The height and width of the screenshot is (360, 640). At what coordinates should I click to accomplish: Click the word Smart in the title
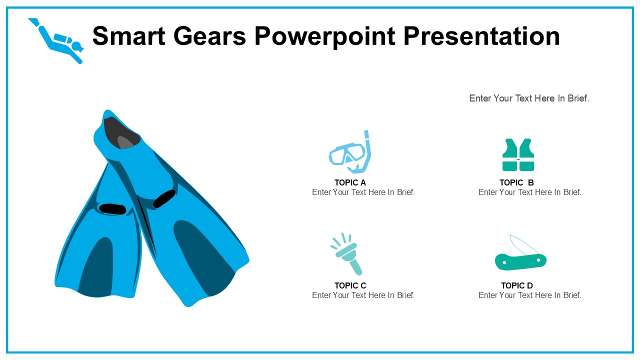click(128, 36)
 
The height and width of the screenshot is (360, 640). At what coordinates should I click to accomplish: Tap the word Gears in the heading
click(209, 36)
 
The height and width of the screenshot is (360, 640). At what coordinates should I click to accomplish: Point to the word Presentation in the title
click(481, 36)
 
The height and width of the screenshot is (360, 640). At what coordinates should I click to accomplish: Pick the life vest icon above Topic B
click(518, 155)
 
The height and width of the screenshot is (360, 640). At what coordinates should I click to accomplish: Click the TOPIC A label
click(350, 182)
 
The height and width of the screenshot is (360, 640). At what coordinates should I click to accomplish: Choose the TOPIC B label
click(516, 182)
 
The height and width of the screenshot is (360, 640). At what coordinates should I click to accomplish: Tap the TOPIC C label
click(350, 285)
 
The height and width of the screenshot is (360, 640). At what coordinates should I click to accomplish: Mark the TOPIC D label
click(517, 285)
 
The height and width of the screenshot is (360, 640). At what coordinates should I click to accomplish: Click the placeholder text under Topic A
click(363, 192)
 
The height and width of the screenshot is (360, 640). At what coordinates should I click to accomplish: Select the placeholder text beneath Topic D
click(529, 295)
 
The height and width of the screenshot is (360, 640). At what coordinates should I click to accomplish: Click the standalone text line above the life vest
click(529, 98)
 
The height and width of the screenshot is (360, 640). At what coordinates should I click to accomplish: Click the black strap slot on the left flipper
click(112, 209)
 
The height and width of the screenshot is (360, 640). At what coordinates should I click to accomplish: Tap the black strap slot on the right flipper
click(164, 198)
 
